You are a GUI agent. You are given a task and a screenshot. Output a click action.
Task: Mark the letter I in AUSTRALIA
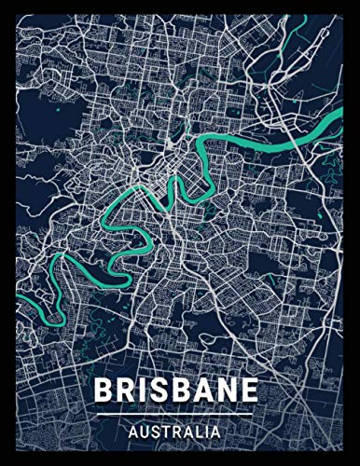207,432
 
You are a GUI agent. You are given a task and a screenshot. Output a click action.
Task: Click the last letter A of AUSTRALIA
215,432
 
